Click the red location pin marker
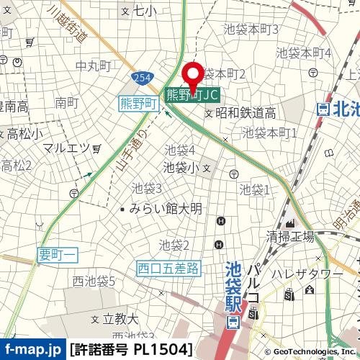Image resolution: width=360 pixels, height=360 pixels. (x=192, y=76)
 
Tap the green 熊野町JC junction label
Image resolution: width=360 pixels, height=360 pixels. (x=192, y=94)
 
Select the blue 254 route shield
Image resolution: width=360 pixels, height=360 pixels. (x=141, y=77)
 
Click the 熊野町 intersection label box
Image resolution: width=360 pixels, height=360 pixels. (x=138, y=104)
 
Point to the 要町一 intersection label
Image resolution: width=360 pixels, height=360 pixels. (x=58, y=253)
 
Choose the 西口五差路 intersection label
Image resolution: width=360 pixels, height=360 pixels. (x=168, y=269)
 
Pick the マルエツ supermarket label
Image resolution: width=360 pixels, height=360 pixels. (x=66, y=148)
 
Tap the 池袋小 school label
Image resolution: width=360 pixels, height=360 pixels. (x=181, y=167)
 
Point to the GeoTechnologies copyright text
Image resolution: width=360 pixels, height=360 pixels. (x=313, y=351)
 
